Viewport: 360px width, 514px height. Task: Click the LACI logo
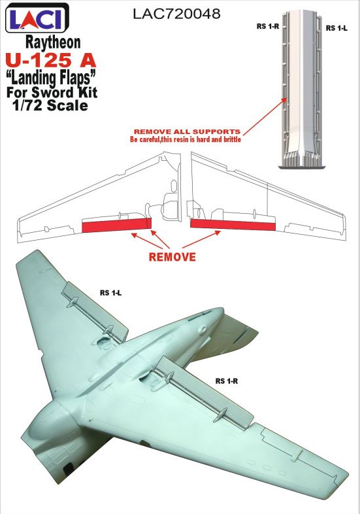click(37, 18)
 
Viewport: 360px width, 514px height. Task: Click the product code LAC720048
click(176, 14)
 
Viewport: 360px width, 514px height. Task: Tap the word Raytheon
click(53, 43)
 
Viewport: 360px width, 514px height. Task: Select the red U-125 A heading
click(51, 60)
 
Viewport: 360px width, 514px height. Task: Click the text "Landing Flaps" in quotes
click(53, 77)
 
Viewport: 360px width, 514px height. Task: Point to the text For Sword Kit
click(52, 92)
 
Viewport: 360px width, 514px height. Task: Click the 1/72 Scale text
click(50, 105)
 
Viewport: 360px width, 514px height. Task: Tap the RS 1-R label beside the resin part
click(268, 26)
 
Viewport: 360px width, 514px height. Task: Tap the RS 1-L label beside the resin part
click(336, 28)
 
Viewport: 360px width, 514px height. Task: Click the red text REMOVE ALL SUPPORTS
click(187, 131)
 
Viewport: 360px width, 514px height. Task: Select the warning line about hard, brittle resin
click(186, 139)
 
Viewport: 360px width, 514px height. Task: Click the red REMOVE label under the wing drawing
click(172, 256)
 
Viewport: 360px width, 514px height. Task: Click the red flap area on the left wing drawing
click(116, 225)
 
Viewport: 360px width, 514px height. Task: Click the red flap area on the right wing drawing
click(233, 224)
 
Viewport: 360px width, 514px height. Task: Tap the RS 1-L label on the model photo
click(110, 293)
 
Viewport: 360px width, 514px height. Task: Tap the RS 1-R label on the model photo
click(227, 381)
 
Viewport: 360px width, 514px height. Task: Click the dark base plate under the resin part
click(303, 167)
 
